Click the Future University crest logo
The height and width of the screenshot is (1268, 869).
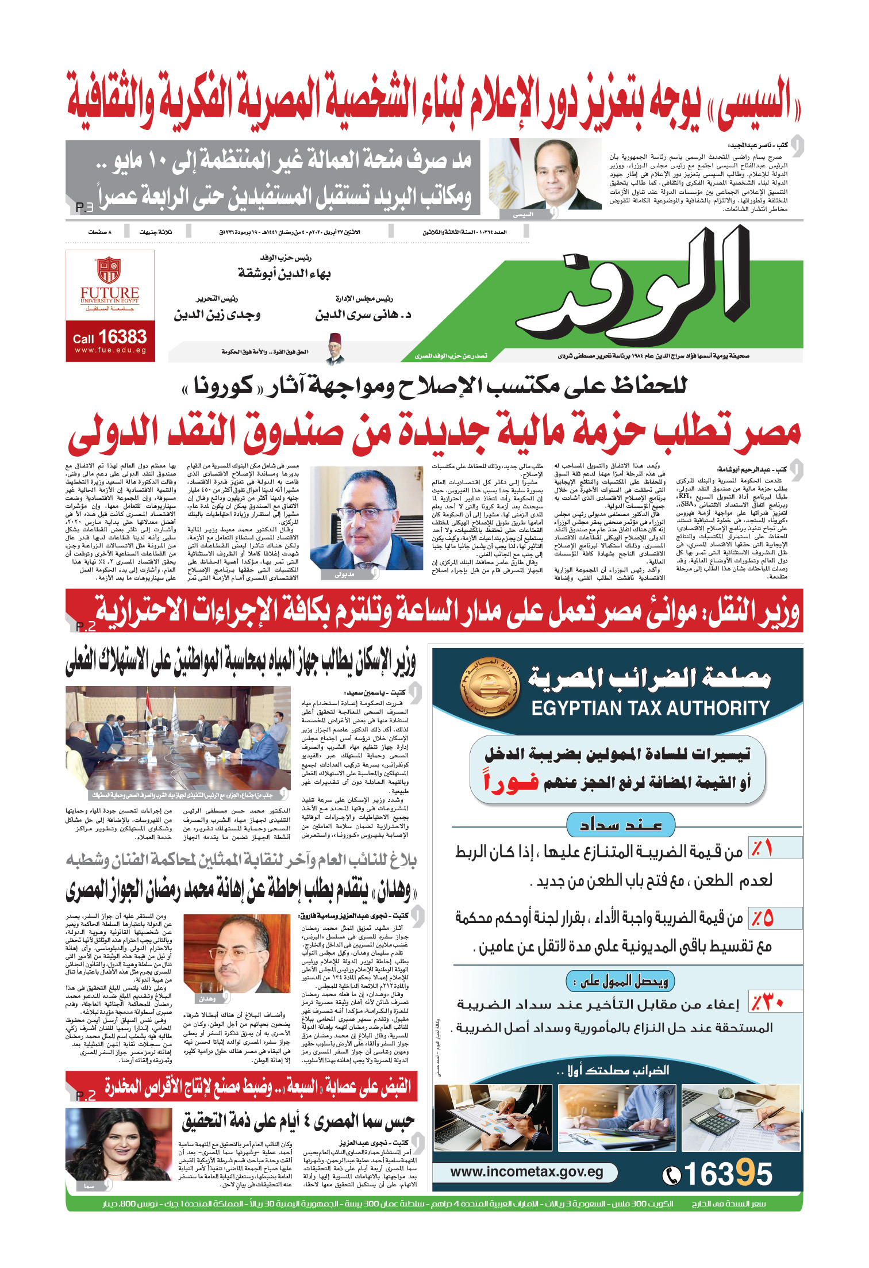109,270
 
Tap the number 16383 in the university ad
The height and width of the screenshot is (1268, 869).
122,337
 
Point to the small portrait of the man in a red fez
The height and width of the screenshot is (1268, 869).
335,348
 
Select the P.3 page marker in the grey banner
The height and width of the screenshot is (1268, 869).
84,207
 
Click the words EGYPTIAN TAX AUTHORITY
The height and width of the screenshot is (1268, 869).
650,708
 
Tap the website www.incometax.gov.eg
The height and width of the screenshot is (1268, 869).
526,1171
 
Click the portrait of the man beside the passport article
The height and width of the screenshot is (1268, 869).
237,959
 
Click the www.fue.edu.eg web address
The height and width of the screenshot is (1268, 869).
110,350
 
